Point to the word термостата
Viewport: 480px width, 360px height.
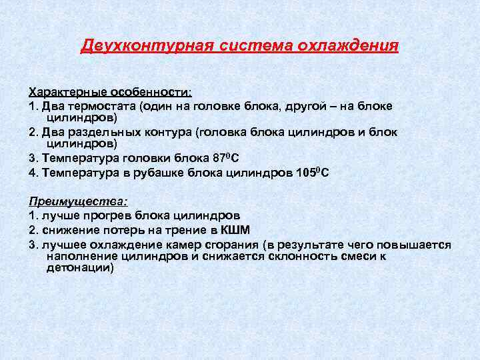tap(100, 105)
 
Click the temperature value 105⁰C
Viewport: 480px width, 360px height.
tap(313, 173)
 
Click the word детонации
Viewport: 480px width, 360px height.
tap(79, 267)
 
